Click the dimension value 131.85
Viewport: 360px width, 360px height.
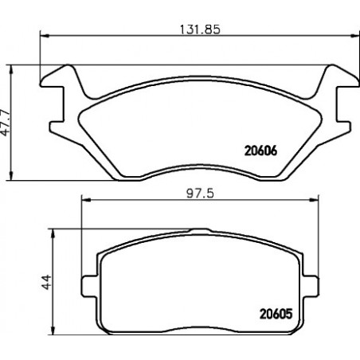tap(200, 29)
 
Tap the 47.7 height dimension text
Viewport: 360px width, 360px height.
tap(5, 123)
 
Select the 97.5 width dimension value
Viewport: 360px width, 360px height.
tap(200, 194)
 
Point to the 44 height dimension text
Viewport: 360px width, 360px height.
tap(46, 282)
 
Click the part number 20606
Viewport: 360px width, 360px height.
tap(260, 151)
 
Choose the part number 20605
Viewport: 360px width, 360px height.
tap(276, 314)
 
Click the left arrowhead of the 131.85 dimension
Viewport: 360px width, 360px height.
tap(45, 36)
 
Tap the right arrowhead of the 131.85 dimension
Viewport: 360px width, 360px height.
tap(354, 36)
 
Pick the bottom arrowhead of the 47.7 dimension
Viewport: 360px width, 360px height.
tap(11, 175)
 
